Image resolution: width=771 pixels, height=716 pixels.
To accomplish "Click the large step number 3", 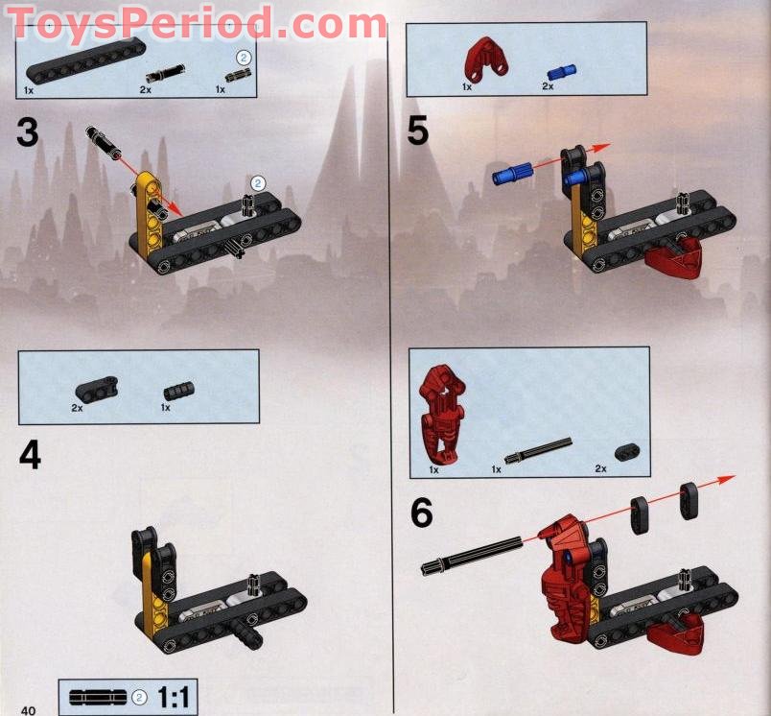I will pos(28,131).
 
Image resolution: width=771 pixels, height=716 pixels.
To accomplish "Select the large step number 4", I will pos(30,454).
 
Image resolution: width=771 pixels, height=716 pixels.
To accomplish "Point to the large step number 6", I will pos(422,513).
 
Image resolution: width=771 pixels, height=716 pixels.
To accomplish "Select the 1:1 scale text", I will pos(175,697).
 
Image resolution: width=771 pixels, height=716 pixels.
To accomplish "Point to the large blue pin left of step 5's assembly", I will pos(511,175).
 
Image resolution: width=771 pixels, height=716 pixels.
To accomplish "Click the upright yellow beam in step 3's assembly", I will pos(146,216).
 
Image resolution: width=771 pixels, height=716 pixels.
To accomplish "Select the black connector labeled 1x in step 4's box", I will pos(177,391).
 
